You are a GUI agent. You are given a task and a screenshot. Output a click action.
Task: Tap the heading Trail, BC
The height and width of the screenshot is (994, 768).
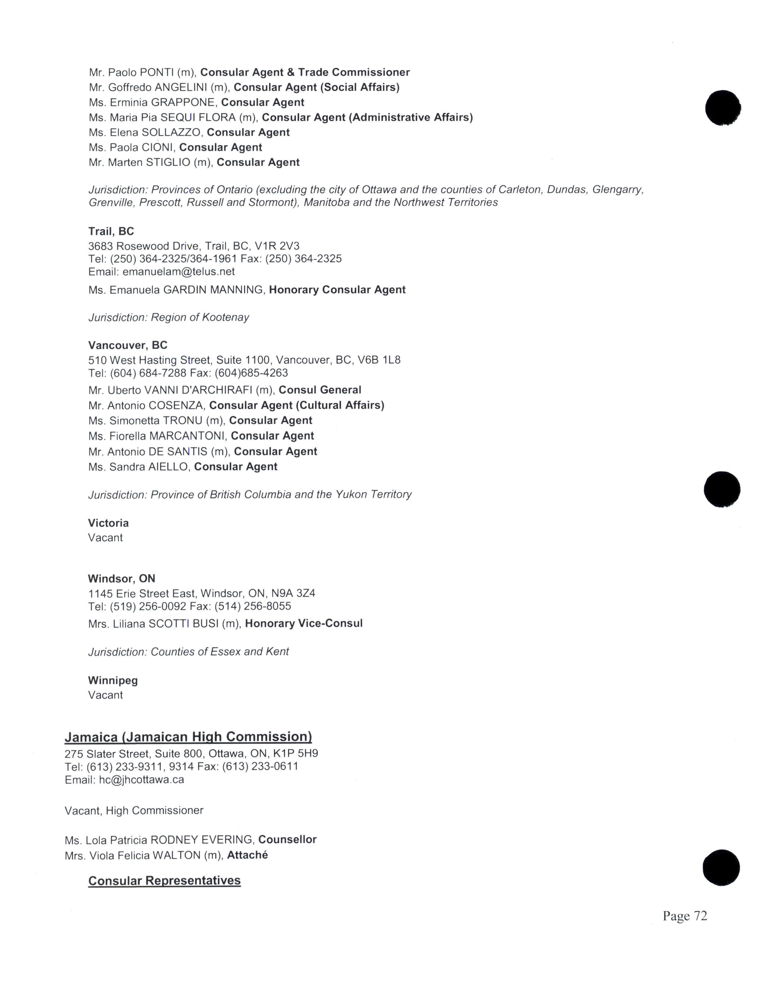click(x=111, y=231)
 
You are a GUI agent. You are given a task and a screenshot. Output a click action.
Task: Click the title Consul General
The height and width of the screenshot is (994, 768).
click(x=320, y=390)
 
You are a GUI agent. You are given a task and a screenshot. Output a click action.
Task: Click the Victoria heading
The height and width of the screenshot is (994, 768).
click(x=108, y=523)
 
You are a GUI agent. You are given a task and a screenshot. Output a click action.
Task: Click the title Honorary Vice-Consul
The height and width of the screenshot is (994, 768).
click(x=304, y=624)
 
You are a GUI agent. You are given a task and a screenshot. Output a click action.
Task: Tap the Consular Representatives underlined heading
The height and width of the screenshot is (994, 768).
click(x=164, y=881)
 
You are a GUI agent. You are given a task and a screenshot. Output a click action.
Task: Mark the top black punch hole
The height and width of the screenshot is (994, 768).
click(x=723, y=108)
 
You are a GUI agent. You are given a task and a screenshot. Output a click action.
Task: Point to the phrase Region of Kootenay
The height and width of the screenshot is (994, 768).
click(x=200, y=317)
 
